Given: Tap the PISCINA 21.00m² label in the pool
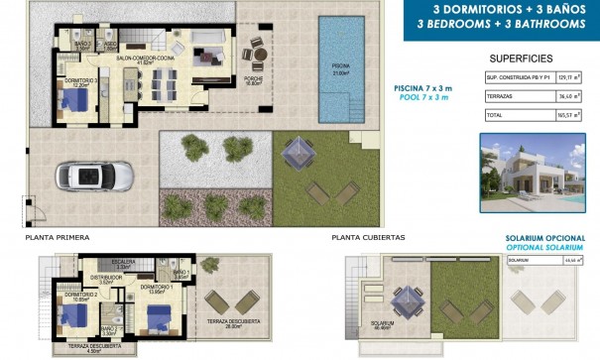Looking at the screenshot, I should click(x=342, y=69).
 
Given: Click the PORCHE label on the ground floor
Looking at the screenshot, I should click(x=255, y=80).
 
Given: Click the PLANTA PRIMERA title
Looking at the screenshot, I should click(x=56, y=239).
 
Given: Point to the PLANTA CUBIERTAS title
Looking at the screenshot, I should click(x=368, y=239).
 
